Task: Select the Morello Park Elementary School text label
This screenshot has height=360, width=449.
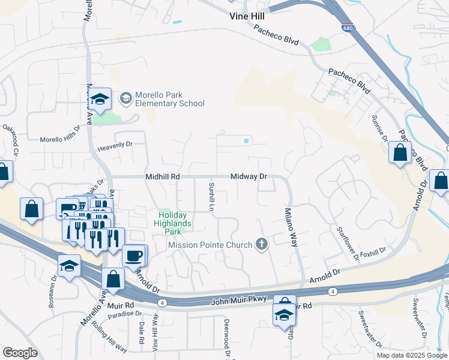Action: [169, 99]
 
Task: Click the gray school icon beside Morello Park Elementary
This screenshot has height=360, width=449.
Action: [126, 98]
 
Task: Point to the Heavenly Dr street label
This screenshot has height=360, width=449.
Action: [115, 145]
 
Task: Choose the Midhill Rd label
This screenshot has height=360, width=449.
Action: [163, 177]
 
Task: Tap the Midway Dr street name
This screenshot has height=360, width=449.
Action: [249, 177]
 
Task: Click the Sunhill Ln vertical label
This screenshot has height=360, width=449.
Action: [211, 196]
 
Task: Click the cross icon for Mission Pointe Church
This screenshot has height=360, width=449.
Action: [261, 244]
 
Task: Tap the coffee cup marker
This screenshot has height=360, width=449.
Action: [134, 255]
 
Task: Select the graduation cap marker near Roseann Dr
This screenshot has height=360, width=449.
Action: [70, 265]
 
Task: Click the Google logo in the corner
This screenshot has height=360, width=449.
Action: [20, 353]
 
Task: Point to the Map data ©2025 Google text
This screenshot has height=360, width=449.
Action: [411, 355]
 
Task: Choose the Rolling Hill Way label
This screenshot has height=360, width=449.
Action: [109, 337]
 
